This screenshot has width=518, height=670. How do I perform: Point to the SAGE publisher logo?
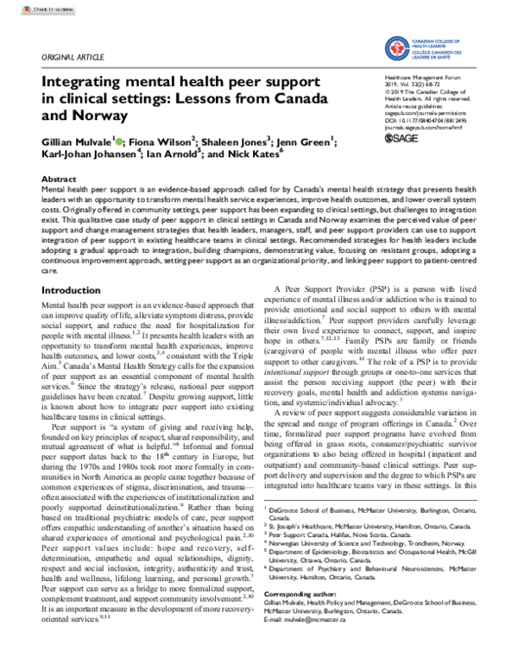point(404,138)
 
